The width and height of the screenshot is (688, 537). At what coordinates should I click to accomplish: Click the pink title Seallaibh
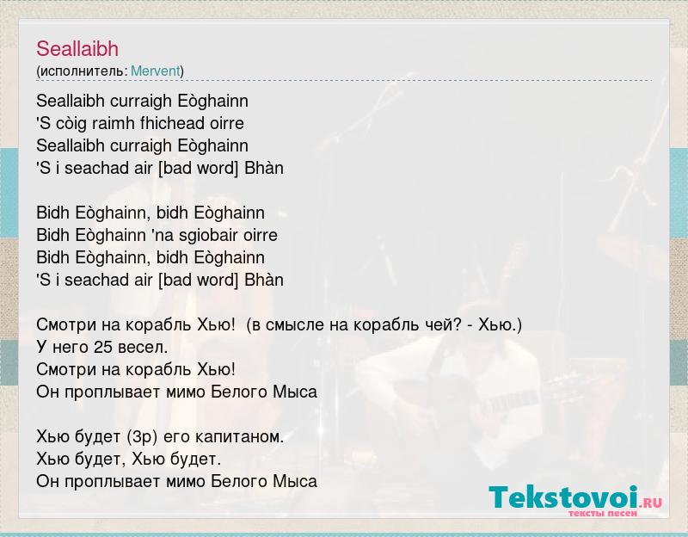point(77,49)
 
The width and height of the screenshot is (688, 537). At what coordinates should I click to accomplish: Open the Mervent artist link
point(156,71)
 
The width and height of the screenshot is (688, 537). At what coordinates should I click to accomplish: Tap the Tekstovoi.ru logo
point(575,500)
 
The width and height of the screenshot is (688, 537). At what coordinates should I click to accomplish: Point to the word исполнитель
point(83,71)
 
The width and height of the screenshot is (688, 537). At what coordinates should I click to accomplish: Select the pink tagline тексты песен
point(603,512)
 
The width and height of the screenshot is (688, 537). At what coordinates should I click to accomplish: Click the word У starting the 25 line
point(41,348)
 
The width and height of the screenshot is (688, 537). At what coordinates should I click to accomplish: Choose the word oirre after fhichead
point(227,123)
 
